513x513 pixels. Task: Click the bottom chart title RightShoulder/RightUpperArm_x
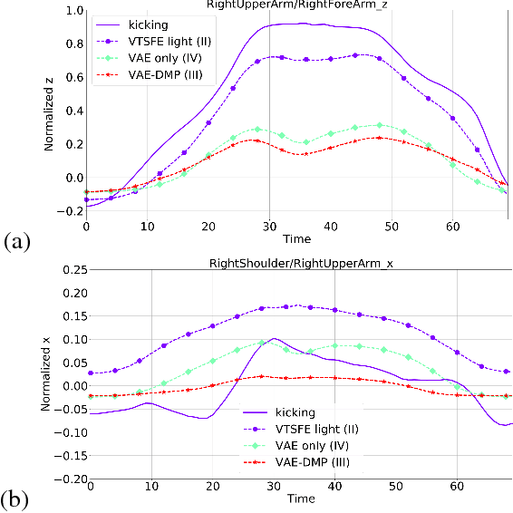(302, 261)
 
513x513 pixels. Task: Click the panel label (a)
(18, 241)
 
